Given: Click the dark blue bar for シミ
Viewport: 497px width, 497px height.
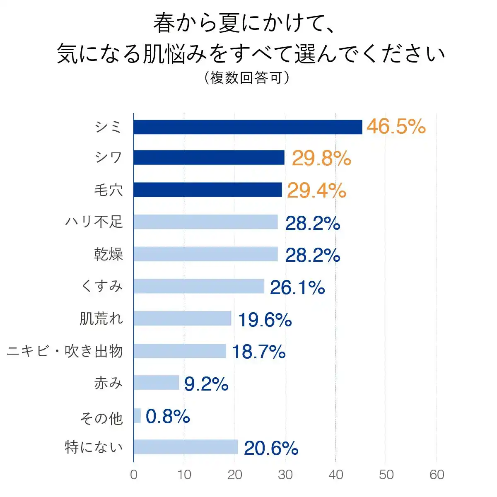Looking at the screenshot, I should (248, 127).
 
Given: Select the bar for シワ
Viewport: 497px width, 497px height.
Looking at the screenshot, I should (209, 157).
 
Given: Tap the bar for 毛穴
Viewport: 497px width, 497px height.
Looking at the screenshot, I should (208, 190).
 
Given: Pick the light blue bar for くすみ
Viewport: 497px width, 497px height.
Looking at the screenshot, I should (199, 286).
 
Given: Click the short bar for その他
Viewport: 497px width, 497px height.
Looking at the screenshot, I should (138, 415).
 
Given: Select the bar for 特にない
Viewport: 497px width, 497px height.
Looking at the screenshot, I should (186, 447).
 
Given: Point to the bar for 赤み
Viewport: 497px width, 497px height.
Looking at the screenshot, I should (157, 383).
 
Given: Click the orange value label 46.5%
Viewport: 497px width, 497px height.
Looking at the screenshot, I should (396, 126).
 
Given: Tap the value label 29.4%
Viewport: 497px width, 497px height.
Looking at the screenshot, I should (316, 191).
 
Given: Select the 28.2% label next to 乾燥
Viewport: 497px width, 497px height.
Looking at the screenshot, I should (313, 255).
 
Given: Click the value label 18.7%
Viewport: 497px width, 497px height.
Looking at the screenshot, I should (258, 352).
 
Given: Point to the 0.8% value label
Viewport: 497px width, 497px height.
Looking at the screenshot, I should (168, 416).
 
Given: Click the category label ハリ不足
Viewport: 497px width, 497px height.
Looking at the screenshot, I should (94, 222).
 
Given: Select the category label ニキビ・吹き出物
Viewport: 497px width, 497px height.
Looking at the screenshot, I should (65, 351).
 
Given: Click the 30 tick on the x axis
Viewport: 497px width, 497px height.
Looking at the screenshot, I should (285, 475).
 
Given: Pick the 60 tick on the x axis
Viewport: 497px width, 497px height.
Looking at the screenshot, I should (437, 475).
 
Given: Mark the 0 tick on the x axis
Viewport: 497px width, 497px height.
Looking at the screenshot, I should (134, 475).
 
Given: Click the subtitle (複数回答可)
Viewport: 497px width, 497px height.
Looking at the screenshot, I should (247, 77).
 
